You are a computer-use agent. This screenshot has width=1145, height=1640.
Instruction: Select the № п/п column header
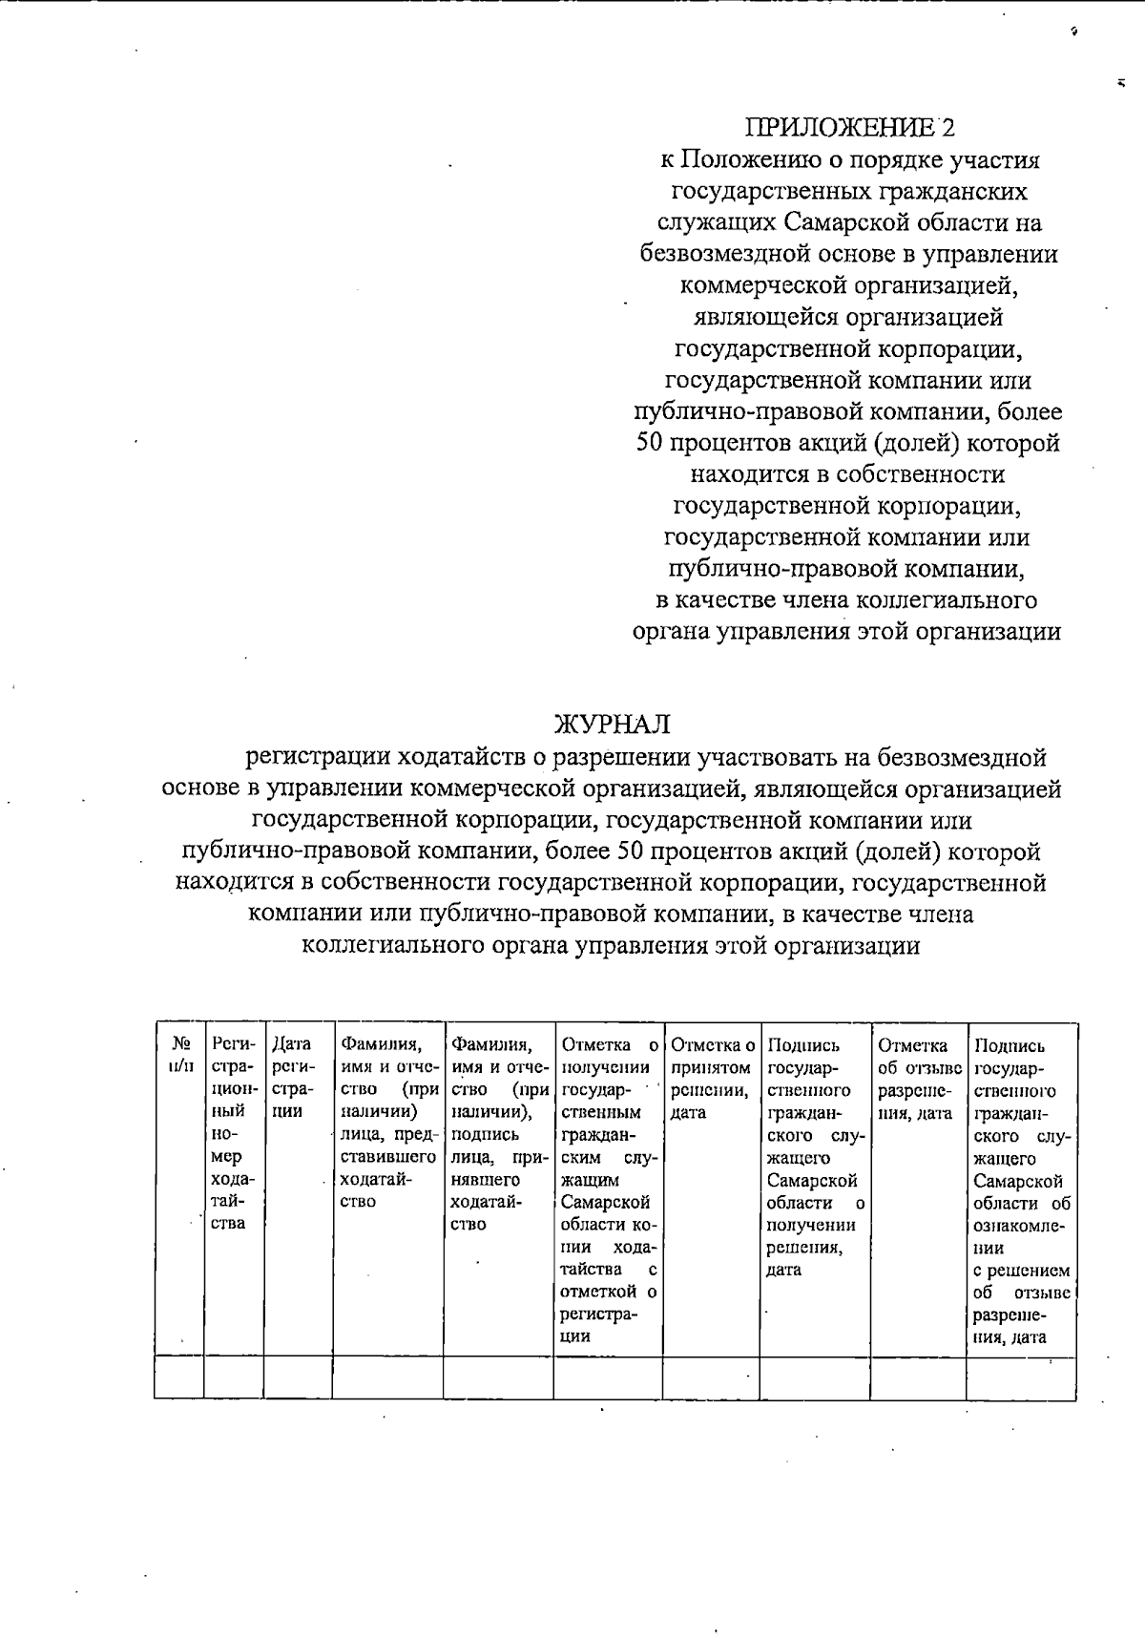[178, 1054]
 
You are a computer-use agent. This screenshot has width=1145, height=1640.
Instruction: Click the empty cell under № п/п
[178, 1377]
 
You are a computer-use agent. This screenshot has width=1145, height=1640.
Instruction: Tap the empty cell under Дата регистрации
[297, 1377]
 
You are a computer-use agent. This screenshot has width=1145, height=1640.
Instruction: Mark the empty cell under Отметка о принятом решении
[711, 1377]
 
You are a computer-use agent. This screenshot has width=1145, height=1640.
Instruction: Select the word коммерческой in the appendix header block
[761, 286]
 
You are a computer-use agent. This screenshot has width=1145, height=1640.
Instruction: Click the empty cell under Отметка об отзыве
[917, 1377]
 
